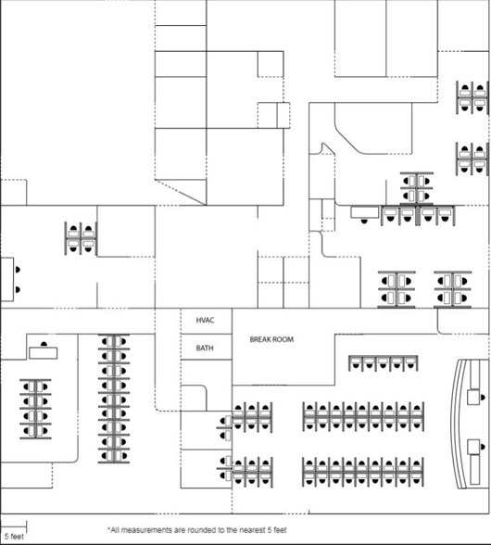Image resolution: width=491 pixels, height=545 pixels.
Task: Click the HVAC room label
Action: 205,320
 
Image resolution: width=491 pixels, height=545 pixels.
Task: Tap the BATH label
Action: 205,348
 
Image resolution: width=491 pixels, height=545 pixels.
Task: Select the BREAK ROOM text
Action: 271,339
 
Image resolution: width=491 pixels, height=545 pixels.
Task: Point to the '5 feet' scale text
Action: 14,537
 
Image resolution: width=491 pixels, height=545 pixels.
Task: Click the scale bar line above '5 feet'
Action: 14,530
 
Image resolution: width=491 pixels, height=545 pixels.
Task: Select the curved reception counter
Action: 458,425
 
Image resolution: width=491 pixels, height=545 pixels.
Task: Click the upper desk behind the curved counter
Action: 473,397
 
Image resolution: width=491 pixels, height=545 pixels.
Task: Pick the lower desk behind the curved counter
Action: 473,447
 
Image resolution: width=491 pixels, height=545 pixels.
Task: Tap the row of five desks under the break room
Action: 384,363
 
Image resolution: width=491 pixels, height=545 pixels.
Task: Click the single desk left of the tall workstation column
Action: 44,352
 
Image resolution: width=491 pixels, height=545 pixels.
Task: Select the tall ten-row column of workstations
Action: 114,399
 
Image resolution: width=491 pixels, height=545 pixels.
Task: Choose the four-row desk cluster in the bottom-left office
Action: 35,409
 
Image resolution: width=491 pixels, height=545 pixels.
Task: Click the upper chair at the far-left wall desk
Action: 18,270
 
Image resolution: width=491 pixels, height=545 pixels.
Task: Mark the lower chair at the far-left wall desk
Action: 18,289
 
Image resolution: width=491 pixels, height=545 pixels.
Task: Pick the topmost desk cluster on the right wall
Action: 472,97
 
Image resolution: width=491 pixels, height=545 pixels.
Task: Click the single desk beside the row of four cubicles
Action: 364,212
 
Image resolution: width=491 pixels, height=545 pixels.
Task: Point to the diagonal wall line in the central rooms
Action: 181,192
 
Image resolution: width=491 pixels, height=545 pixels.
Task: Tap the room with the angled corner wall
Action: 373,128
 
